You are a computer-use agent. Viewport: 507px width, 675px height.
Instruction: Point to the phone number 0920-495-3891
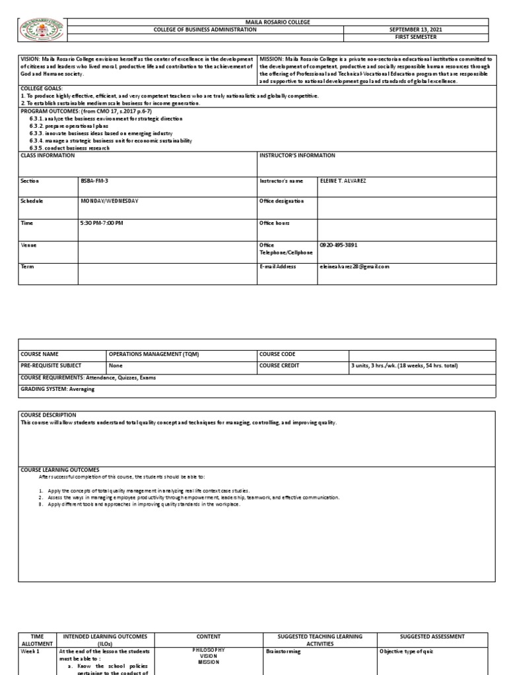(338, 245)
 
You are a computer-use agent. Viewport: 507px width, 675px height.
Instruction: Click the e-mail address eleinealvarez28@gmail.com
(355, 266)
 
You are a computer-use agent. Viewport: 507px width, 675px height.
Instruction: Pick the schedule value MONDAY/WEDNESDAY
(110, 201)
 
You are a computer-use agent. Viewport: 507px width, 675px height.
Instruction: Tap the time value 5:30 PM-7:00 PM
(102, 223)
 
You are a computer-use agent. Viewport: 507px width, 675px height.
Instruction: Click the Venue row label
(29, 245)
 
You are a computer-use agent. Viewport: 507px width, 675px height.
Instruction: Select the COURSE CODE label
(278, 354)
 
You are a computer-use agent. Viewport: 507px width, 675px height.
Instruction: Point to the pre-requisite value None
(116, 365)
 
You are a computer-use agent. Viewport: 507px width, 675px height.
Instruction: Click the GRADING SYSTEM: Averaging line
(58, 389)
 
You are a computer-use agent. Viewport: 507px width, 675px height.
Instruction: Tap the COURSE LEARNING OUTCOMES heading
(60, 469)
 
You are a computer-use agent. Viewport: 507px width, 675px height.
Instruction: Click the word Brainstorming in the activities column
(283, 651)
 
